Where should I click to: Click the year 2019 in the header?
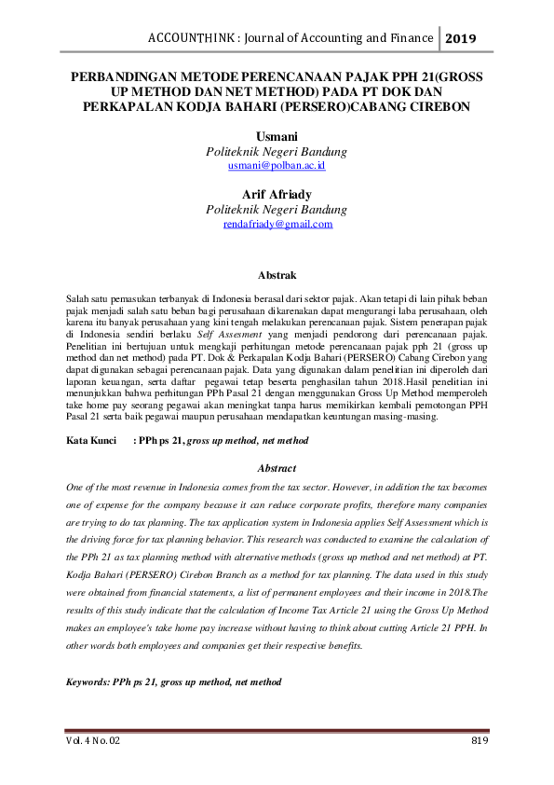(460, 39)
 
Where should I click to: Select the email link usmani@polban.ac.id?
(277, 165)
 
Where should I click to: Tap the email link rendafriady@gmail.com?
(277, 224)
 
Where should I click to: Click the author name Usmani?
(277, 137)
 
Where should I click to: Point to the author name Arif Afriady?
(277, 195)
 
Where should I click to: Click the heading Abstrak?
(277, 275)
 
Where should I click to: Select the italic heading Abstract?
(277, 468)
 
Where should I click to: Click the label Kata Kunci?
(90, 439)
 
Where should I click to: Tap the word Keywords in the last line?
(88, 682)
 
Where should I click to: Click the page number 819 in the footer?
(479, 740)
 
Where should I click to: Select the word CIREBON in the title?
(438, 105)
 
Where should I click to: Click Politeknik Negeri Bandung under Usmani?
(277, 151)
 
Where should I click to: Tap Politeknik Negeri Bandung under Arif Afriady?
(277, 210)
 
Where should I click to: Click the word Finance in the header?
(410, 38)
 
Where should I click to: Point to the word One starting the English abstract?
(76, 488)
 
